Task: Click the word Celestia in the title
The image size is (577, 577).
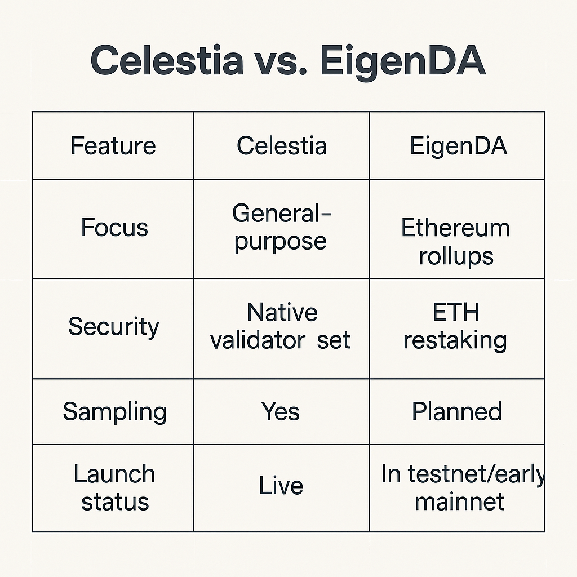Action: pos(167,60)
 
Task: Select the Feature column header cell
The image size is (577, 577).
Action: pos(113,146)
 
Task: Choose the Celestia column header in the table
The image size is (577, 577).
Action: pos(282,146)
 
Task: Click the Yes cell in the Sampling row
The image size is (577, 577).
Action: pos(281,411)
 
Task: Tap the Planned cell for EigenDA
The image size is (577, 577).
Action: pos(456,411)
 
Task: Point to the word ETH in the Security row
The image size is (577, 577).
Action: pos(456,312)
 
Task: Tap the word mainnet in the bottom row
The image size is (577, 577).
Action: pos(459,502)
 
